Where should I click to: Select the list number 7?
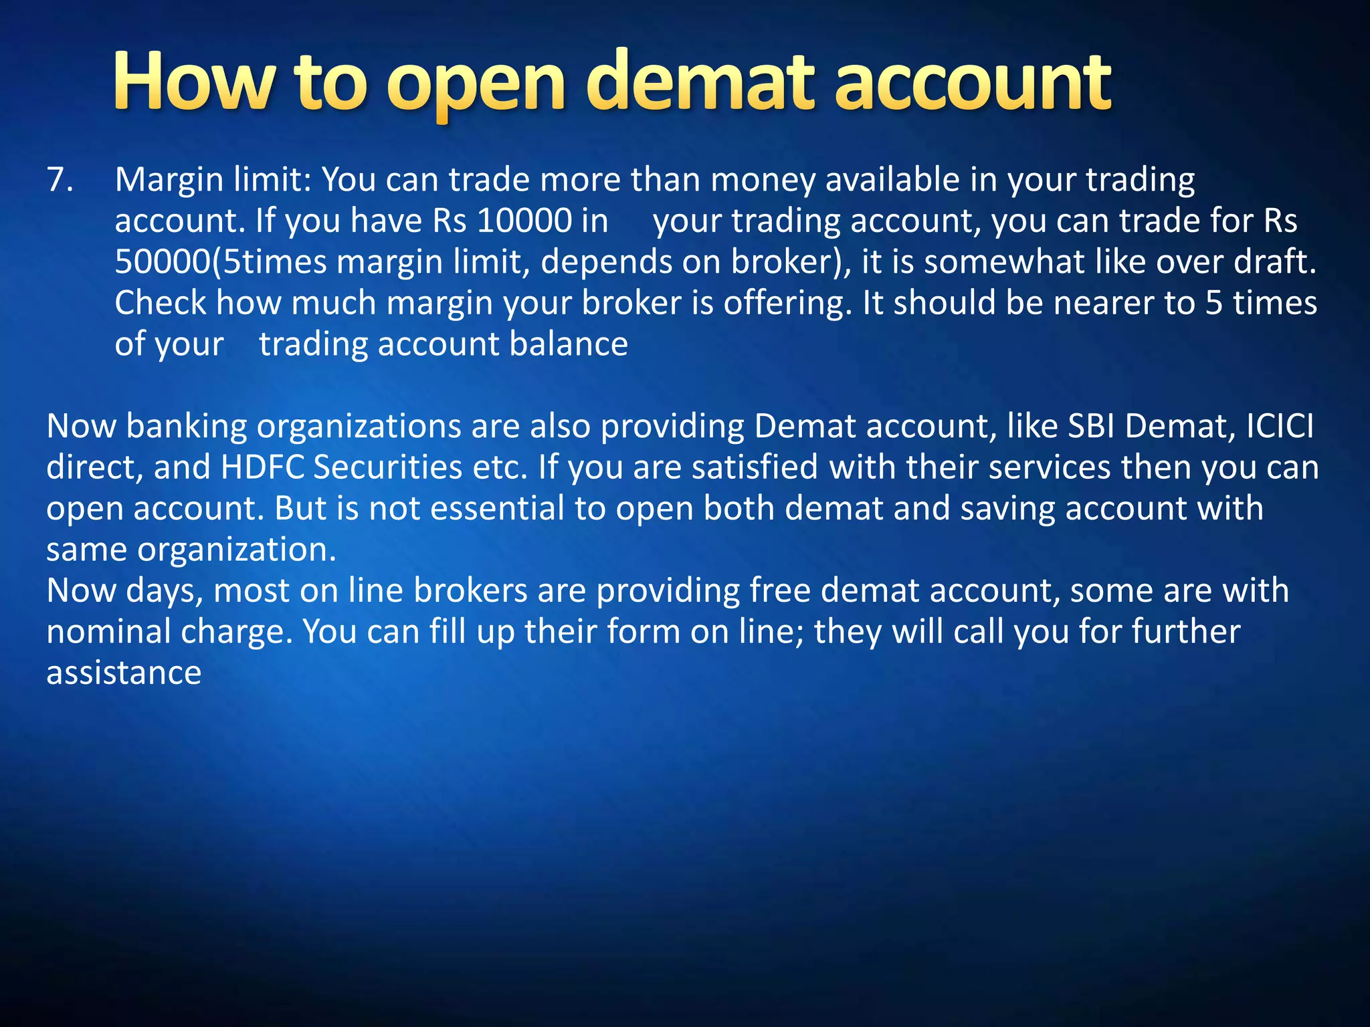point(60,180)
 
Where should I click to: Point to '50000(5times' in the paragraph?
point(221,262)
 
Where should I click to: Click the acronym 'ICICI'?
point(1280,427)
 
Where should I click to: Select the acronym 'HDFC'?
point(262,467)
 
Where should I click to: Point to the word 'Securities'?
point(387,467)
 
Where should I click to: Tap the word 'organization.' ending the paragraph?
point(237,550)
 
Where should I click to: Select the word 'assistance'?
point(124,673)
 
